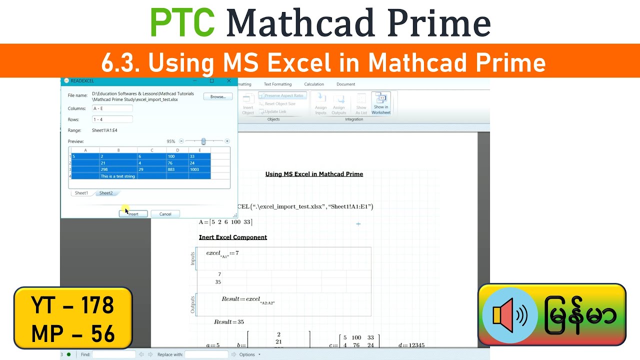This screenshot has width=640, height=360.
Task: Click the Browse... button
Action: (x=217, y=96)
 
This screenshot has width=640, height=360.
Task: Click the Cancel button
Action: (x=165, y=214)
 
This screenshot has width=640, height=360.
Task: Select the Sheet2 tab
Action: (x=106, y=193)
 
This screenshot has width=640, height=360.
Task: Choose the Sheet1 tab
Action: (x=81, y=193)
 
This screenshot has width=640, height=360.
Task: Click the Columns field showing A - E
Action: (x=112, y=108)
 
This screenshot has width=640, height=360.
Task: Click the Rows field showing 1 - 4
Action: (x=112, y=119)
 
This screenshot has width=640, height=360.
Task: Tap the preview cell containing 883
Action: (x=177, y=169)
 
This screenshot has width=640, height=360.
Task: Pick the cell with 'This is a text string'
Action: (x=118, y=176)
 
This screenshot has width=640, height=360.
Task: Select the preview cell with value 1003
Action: (x=199, y=169)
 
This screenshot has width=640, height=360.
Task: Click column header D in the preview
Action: (x=177, y=150)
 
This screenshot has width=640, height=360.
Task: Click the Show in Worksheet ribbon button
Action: (x=381, y=103)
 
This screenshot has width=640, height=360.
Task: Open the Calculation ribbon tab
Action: (x=314, y=84)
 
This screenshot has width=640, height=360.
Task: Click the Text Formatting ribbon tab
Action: (x=277, y=84)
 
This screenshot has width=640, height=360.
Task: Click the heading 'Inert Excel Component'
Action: (x=233, y=237)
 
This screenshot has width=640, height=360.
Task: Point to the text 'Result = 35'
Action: (x=229, y=322)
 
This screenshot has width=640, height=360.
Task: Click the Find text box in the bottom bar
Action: (x=114, y=354)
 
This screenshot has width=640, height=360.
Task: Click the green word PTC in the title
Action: (x=182, y=22)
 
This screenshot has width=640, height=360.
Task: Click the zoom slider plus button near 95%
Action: (x=227, y=141)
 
